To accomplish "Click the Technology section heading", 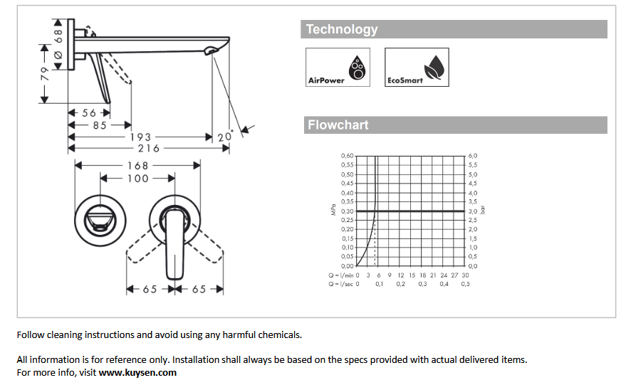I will (342, 29).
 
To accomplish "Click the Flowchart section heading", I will (338, 125).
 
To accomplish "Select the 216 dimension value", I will (148, 148).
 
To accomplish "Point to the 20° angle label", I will (225, 136).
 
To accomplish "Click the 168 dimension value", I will (137, 165).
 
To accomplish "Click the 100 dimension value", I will (137, 178).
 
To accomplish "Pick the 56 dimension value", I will (89, 112).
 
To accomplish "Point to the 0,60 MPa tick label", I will (347, 155).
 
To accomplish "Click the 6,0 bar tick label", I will (472, 155).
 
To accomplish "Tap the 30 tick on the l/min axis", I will (465, 275).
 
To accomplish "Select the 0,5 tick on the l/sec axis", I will (465, 284).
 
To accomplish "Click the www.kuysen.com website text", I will (137, 372).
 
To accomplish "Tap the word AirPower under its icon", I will (326, 80).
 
